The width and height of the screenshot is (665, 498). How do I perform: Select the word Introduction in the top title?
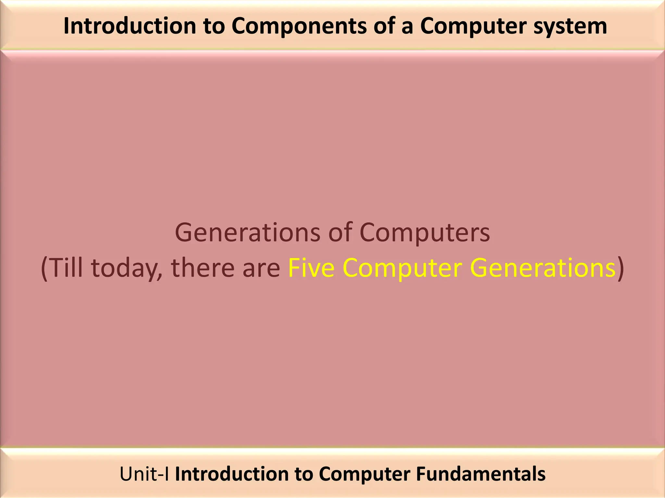point(130,26)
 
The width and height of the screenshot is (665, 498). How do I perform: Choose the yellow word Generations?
point(543,268)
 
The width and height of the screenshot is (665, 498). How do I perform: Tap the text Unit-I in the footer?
point(144,474)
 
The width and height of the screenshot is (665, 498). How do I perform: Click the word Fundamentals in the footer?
point(481,474)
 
